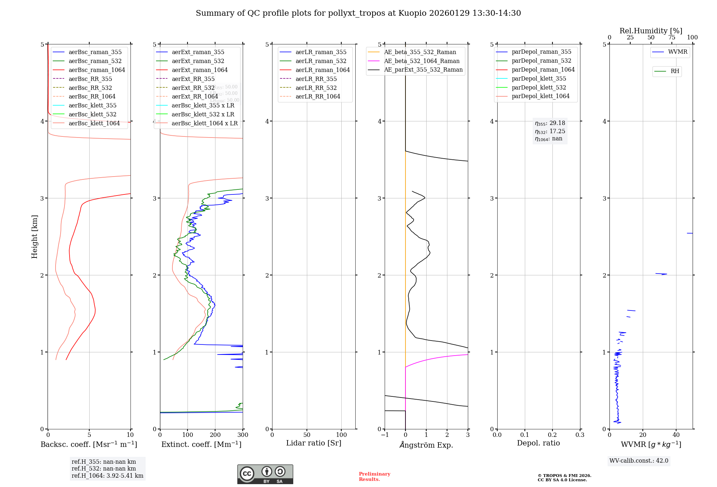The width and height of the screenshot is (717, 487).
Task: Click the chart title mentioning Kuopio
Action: pyautogui.click(x=358, y=13)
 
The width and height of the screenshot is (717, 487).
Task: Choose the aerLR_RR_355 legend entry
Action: pyautogui.click(x=316, y=79)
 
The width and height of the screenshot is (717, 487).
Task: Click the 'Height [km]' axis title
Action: pyautogui.click(x=34, y=237)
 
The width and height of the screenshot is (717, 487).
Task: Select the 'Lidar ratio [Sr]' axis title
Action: pyautogui.click(x=314, y=443)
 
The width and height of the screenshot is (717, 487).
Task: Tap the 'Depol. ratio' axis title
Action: pyautogui.click(x=538, y=443)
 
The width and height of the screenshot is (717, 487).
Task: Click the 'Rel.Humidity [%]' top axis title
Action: pyautogui.click(x=651, y=31)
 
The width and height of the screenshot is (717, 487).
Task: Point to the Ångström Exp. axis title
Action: pyautogui.click(x=426, y=445)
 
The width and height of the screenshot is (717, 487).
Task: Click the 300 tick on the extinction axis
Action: pyautogui.click(x=243, y=435)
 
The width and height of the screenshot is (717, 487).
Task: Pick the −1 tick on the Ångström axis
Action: pyautogui.click(x=384, y=435)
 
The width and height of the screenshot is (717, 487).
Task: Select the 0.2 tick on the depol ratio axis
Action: pyautogui.click(x=552, y=435)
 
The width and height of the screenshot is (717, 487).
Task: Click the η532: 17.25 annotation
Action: pyautogui.click(x=550, y=131)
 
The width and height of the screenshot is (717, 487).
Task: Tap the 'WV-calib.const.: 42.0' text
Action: pyautogui.click(x=639, y=461)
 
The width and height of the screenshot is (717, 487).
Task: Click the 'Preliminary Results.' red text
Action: pyautogui.click(x=374, y=476)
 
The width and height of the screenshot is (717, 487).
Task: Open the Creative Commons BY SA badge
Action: pyautogui.click(x=265, y=474)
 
